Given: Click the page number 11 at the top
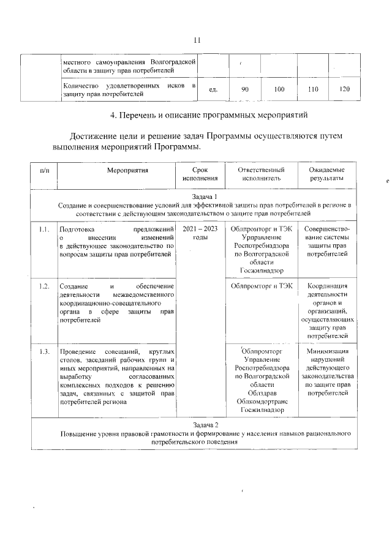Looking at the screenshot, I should coord(197,40).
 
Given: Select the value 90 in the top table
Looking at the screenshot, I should coord(244,90).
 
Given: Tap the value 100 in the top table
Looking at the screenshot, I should coord(279,90).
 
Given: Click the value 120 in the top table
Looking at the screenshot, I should coord(344,90).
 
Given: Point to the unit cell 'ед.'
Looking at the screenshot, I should coord(214,90).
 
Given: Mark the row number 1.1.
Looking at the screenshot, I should coord(43,230).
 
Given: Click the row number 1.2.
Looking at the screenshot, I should coord(43,286).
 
